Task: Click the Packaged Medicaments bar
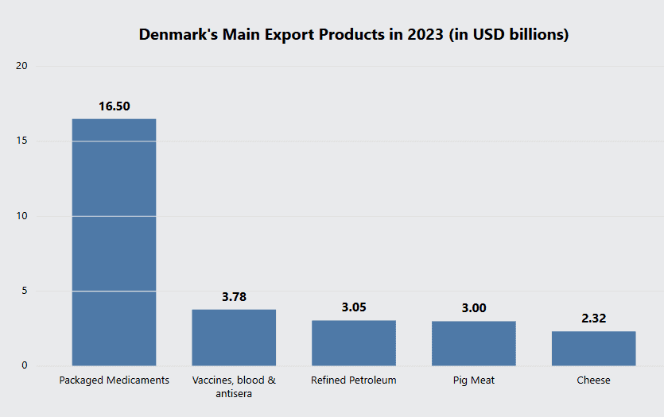pyautogui.click(x=114, y=242)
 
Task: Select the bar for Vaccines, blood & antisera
pyautogui.click(x=234, y=338)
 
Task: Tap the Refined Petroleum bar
pyautogui.click(x=354, y=343)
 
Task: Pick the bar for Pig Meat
pyautogui.click(x=474, y=343)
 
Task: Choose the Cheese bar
pyautogui.click(x=594, y=349)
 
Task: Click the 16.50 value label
pyautogui.click(x=114, y=106)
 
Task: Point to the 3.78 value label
pyautogui.click(x=234, y=297)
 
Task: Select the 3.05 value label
pyautogui.click(x=354, y=307)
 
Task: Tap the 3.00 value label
pyautogui.click(x=474, y=308)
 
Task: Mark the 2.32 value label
pyautogui.click(x=594, y=319)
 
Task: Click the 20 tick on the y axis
pyautogui.click(x=22, y=66)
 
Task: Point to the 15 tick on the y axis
pyautogui.click(x=22, y=141)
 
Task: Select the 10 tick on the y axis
pyautogui.click(x=22, y=216)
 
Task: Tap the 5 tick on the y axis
pyautogui.click(x=25, y=291)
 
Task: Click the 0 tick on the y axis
pyautogui.click(x=25, y=366)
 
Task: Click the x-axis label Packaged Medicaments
pyautogui.click(x=114, y=380)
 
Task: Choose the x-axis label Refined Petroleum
pyautogui.click(x=354, y=380)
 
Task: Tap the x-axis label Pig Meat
pyautogui.click(x=474, y=380)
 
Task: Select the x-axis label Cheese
pyautogui.click(x=594, y=380)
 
